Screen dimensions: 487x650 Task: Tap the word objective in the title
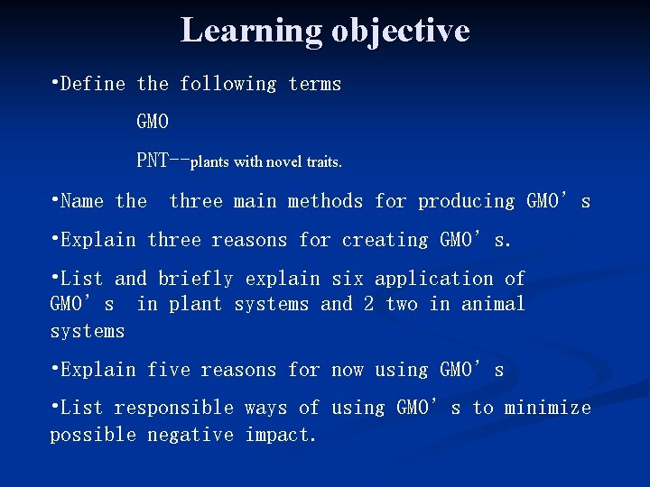tap(400, 31)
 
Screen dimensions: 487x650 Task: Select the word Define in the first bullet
tap(93, 84)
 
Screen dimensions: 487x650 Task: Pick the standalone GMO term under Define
tap(153, 121)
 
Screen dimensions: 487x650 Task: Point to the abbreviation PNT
tap(152, 161)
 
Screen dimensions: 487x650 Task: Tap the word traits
tap(324, 162)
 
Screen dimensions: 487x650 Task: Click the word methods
tap(320, 201)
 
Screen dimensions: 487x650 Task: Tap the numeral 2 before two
tap(368, 305)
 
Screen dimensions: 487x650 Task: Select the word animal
tap(493, 305)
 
